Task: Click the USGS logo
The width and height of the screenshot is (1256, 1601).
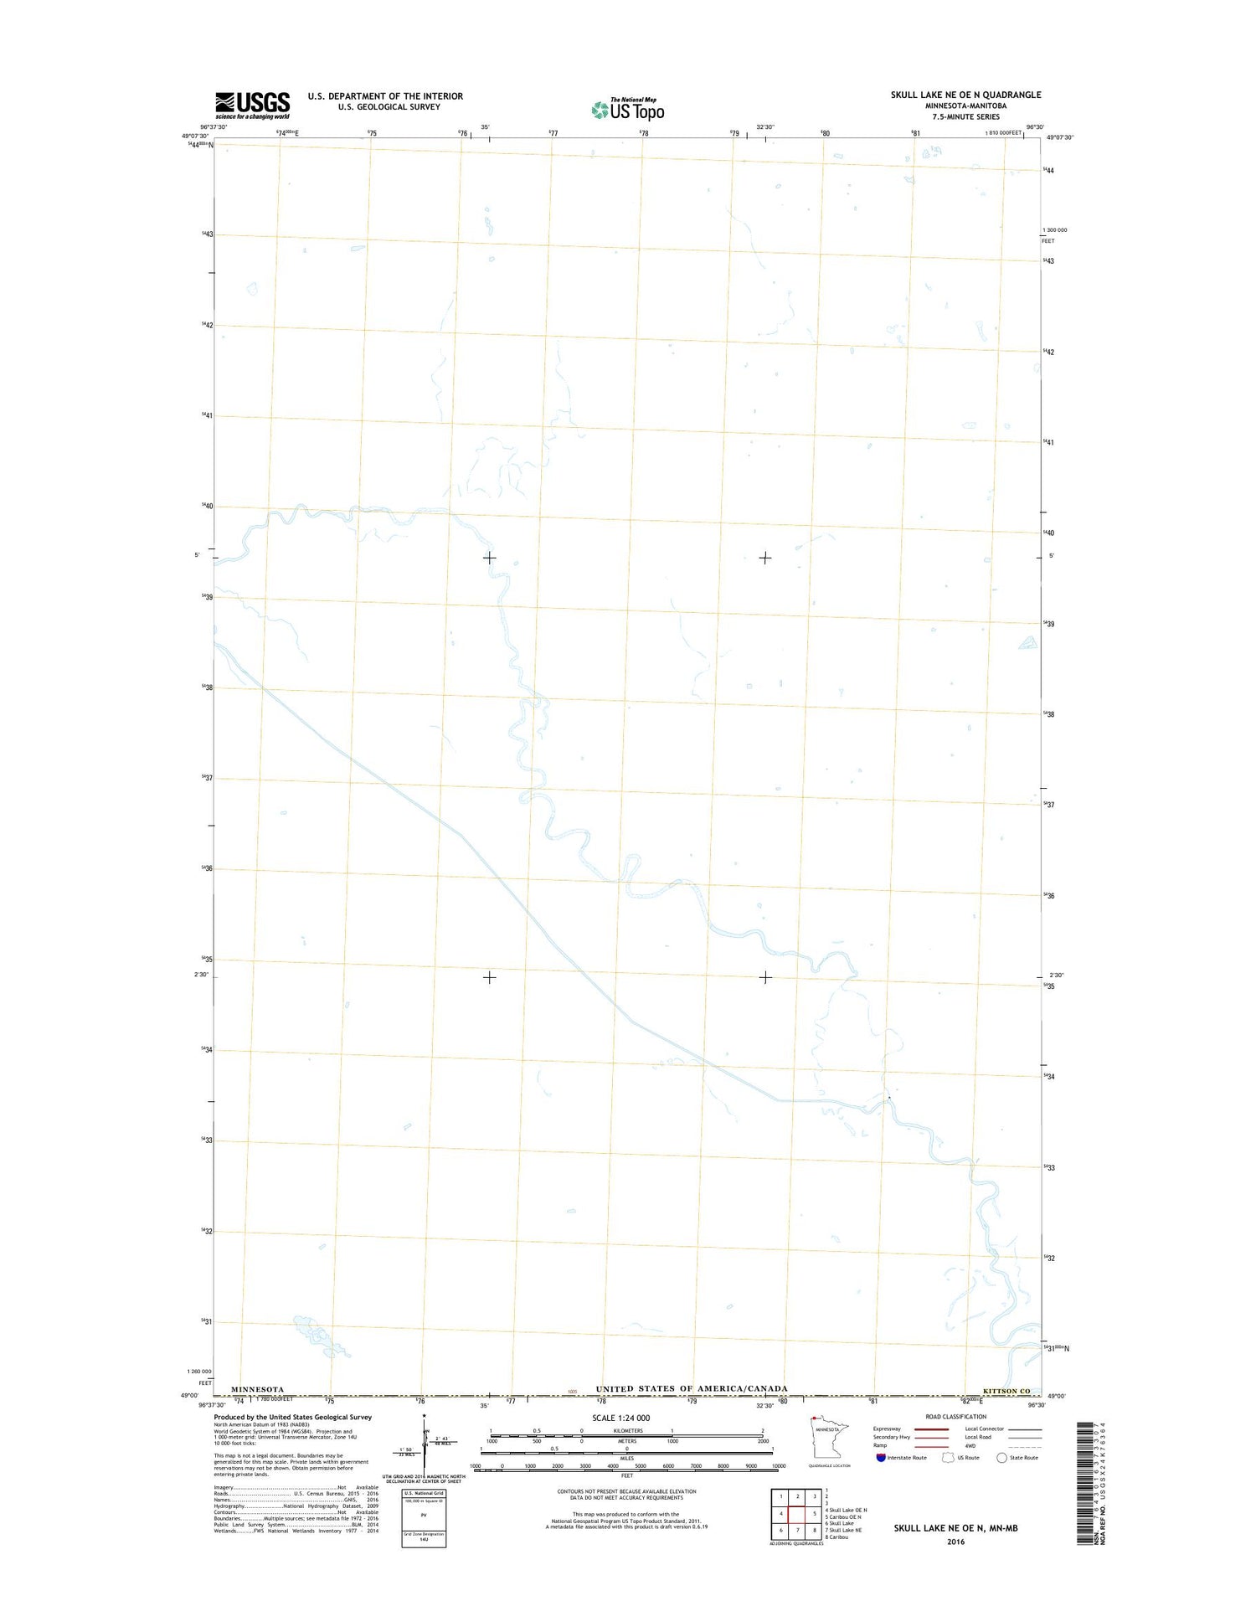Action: (252, 105)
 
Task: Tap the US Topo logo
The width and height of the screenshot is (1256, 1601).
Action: (628, 109)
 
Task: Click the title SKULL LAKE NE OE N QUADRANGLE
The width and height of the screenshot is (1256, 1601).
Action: (965, 95)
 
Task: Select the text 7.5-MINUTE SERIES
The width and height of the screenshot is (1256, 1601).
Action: (965, 116)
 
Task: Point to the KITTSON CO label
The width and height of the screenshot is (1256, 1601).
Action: (1006, 1391)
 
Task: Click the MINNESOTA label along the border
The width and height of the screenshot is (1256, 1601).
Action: (257, 1389)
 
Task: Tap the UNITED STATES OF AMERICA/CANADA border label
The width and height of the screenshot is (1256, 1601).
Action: (691, 1388)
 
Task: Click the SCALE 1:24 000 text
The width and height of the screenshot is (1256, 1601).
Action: (620, 1418)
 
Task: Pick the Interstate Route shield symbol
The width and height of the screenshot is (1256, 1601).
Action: (881, 1457)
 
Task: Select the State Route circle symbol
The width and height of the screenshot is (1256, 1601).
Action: (1001, 1457)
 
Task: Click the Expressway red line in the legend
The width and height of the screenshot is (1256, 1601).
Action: (931, 1429)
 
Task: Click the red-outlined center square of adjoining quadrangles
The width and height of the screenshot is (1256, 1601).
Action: (797, 1513)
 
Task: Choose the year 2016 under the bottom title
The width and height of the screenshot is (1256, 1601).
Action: (955, 1542)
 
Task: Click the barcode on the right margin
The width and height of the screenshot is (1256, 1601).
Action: (1085, 1481)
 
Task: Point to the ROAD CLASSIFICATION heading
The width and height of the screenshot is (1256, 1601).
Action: (955, 1417)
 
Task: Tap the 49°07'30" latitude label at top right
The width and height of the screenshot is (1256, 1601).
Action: (1059, 137)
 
